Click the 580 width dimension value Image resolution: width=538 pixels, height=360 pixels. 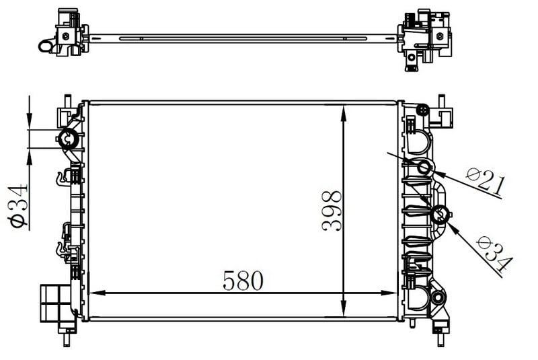(x=243, y=281)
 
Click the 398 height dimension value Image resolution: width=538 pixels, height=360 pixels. (x=332, y=211)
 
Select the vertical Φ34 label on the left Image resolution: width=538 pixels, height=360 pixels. (x=18, y=205)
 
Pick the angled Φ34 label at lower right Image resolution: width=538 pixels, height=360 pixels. (x=494, y=254)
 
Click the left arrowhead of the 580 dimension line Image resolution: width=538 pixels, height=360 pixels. (x=97, y=293)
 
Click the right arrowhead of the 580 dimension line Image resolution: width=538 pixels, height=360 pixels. (x=389, y=293)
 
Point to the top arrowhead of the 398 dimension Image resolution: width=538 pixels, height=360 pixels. (x=344, y=114)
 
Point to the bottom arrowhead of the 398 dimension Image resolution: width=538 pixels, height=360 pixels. (x=344, y=308)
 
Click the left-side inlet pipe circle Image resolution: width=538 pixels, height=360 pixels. (x=69, y=139)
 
